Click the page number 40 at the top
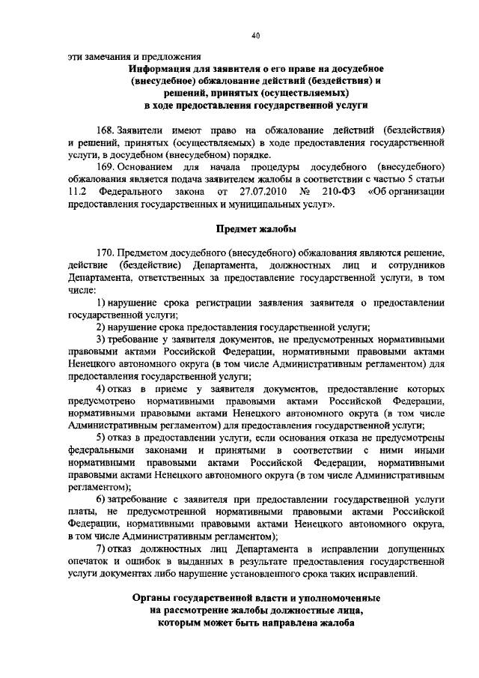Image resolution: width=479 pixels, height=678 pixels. tap(255, 36)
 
